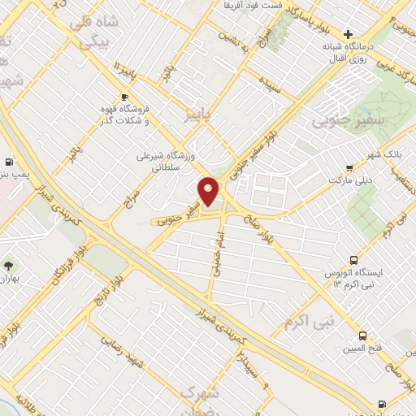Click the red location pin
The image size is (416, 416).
(x=209, y=191)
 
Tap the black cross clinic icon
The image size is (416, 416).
(x=348, y=34)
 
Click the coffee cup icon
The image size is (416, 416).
(x=123, y=97)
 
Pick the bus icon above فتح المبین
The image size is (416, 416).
(x=362, y=336)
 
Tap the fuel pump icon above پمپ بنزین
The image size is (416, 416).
(x=10, y=162)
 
